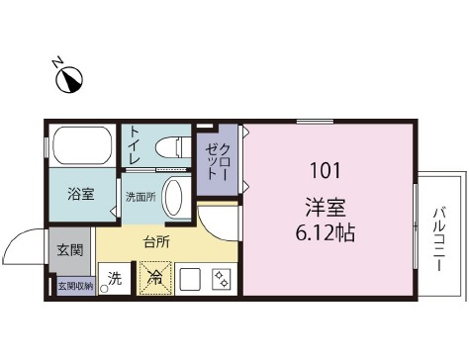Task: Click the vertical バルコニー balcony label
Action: point(437,238)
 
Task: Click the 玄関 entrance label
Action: point(69,249)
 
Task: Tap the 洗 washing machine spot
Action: point(115,280)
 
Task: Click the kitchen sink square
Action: point(190,280)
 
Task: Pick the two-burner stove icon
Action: point(222,280)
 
